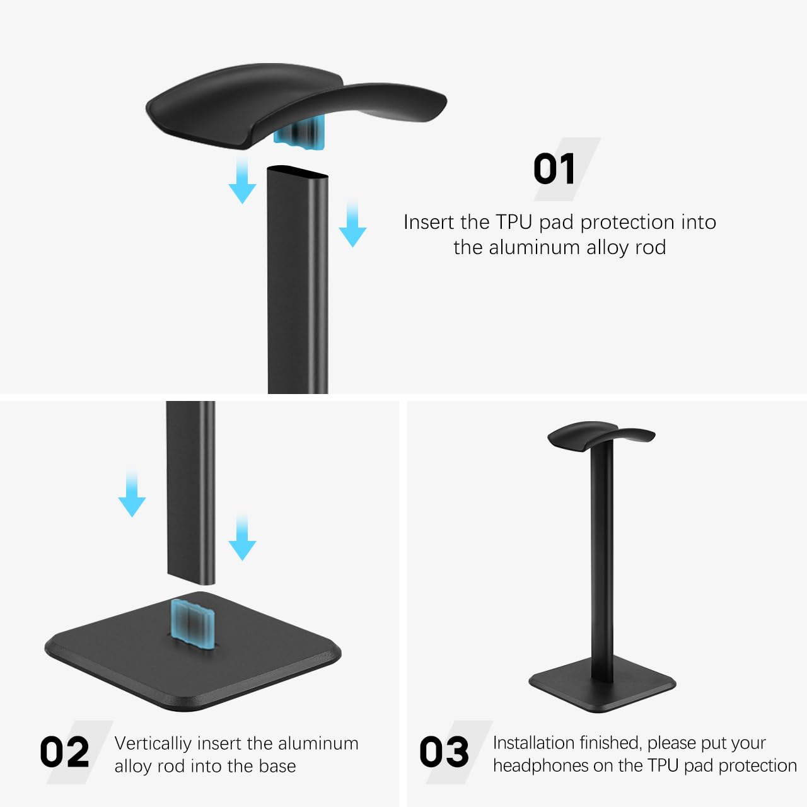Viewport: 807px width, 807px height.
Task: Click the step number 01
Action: click(554, 169)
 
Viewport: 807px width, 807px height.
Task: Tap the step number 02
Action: click(64, 752)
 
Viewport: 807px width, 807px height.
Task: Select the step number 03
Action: click(444, 752)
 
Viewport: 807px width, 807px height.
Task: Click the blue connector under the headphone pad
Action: click(300, 136)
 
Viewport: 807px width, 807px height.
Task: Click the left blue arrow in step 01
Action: click(242, 180)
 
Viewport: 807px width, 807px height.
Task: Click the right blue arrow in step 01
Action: click(352, 224)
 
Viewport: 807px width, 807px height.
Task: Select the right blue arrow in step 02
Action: click(242, 537)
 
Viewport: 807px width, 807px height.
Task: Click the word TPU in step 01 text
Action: click(514, 222)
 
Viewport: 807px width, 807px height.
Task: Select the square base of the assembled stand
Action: click(602, 688)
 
